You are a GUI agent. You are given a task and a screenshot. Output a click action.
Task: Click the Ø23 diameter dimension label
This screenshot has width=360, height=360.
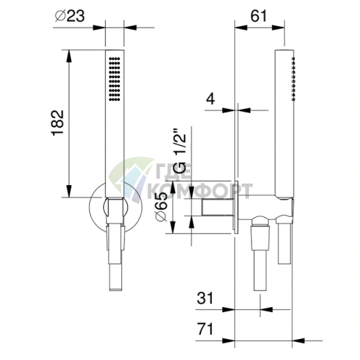tap(70, 16)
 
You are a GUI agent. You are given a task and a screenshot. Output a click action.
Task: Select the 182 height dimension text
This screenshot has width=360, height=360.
tap(58, 123)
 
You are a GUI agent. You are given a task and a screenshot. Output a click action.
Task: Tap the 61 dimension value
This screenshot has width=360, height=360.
tap(258, 16)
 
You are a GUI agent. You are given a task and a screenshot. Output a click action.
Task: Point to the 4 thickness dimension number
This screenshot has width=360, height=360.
tap(210, 99)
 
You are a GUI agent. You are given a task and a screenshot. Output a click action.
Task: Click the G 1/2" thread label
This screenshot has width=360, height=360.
tap(181, 152)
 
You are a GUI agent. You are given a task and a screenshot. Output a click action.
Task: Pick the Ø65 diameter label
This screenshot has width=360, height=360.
tap(161, 206)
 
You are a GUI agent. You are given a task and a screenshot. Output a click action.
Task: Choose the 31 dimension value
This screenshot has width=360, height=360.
tap(205, 298)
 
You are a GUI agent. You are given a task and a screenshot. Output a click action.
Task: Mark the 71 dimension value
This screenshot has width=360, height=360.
tap(205, 329)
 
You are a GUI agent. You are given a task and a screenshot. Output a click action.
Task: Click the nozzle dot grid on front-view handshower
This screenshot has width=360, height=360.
tap(115, 79)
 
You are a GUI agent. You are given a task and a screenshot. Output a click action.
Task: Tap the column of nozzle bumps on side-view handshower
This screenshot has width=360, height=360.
tap(293, 79)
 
